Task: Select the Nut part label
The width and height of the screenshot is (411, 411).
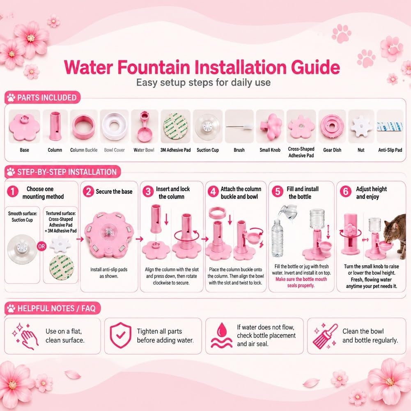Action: coord(361,150)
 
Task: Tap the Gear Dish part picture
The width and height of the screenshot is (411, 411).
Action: coord(332,126)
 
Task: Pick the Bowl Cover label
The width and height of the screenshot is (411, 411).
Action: coord(114,150)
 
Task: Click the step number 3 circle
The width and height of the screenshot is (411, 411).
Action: coord(148,191)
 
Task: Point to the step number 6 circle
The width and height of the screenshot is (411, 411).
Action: coord(345,191)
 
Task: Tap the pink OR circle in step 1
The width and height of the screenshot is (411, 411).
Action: coord(41,246)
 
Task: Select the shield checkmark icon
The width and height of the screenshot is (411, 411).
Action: coord(121,335)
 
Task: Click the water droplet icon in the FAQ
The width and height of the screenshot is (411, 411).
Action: coord(221,335)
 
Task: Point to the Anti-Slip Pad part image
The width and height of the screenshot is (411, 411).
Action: coord(390,127)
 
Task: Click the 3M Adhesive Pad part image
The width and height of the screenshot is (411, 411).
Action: coord(175,126)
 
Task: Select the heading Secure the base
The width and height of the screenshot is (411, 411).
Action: coord(114,192)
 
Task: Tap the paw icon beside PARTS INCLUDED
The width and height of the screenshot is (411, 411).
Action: coord(11,97)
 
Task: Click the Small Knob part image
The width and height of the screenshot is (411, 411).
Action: coord(270,126)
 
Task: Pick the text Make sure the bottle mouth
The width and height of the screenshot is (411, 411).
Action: coord(301,279)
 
